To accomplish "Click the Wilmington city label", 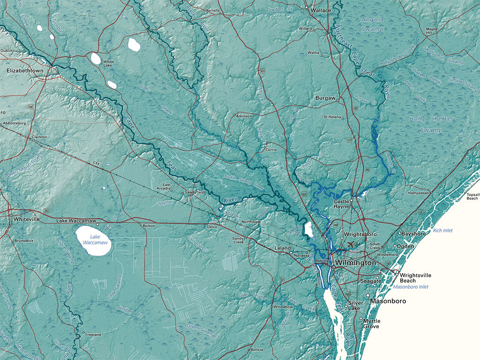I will click(x=356, y=263).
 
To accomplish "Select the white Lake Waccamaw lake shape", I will click(x=93, y=241).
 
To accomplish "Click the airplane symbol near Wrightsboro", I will click(x=352, y=244).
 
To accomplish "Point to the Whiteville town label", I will click(x=27, y=219).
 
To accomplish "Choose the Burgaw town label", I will click(x=325, y=98).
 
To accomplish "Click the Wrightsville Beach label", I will click(x=415, y=277).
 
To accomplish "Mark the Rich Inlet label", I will click(x=442, y=230).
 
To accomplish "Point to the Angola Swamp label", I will click(x=373, y=24).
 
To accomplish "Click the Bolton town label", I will click(x=148, y=225).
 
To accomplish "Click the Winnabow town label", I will click(x=283, y=307).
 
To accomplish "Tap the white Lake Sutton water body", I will click(x=309, y=230).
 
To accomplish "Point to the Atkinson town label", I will click(x=244, y=116).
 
